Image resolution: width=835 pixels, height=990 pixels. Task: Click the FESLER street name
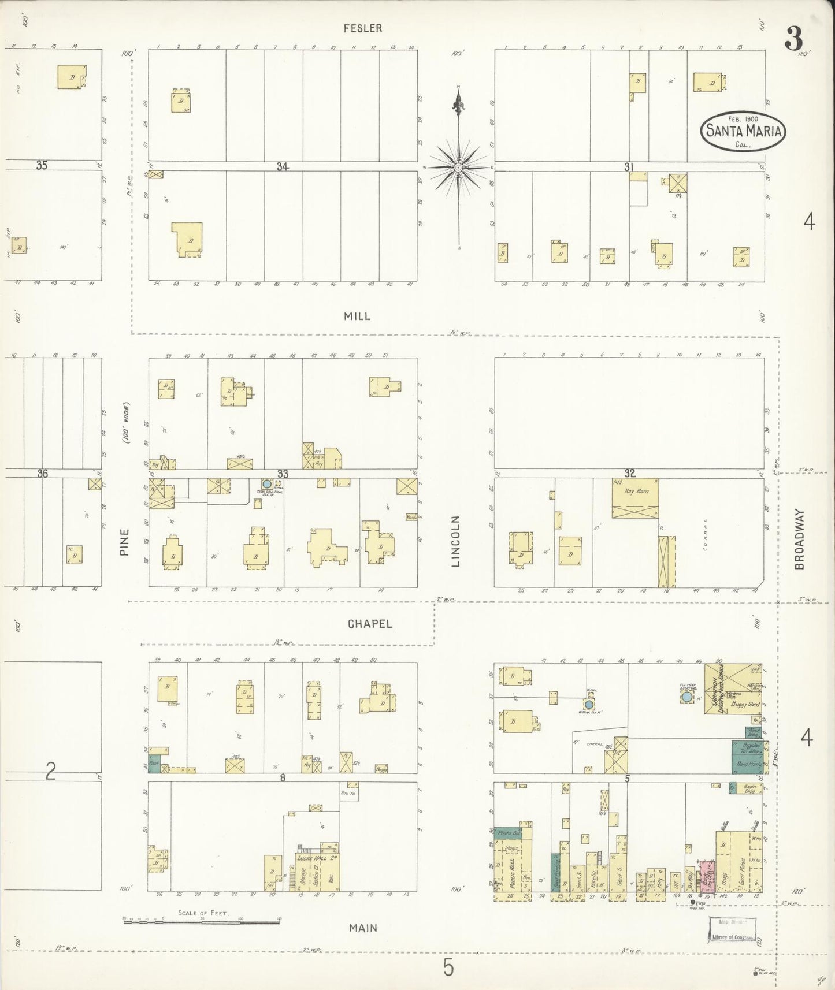click(362, 28)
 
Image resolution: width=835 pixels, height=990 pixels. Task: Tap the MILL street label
click(357, 316)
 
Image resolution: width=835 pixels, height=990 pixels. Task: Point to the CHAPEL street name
click(370, 624)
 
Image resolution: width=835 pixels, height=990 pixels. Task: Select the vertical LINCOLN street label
click(455, 541)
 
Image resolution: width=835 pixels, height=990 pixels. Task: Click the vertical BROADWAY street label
click(799, 539)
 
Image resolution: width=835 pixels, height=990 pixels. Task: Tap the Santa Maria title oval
click(743, 132)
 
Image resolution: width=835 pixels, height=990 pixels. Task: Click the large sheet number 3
click(793, 40)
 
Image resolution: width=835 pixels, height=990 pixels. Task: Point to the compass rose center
click(458, 168)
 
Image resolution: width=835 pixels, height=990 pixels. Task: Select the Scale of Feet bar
click(202, 921)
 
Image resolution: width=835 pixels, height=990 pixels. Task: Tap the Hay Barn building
click(635, 497)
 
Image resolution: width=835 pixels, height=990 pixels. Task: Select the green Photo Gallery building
click(508, 833)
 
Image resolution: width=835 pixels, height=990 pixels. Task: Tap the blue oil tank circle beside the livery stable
click(687, 698)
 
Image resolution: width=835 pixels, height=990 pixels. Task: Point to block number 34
click(282, 166)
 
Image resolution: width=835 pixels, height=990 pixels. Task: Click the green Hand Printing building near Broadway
click(746, 765)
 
